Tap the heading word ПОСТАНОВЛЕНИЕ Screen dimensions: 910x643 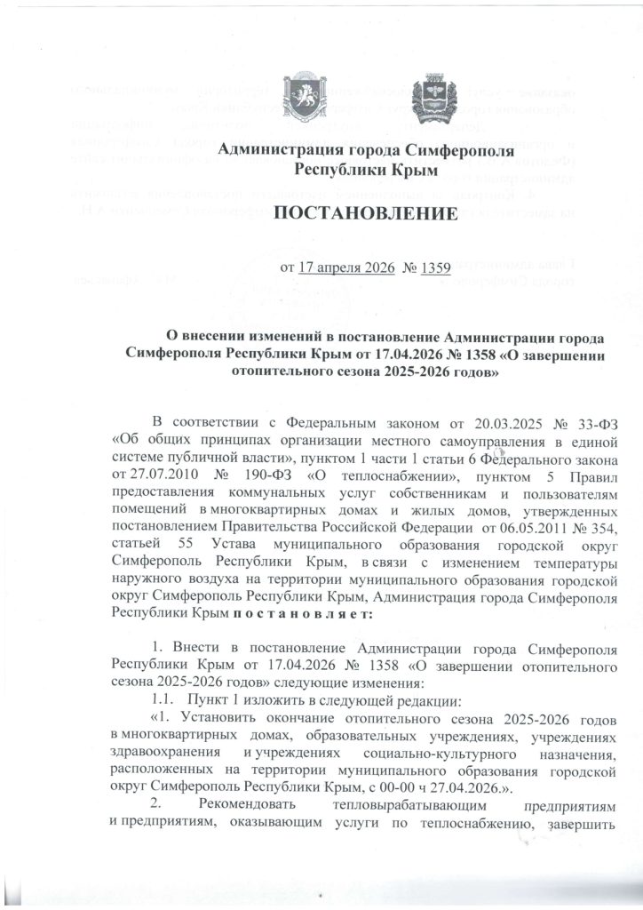click(364, 214)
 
